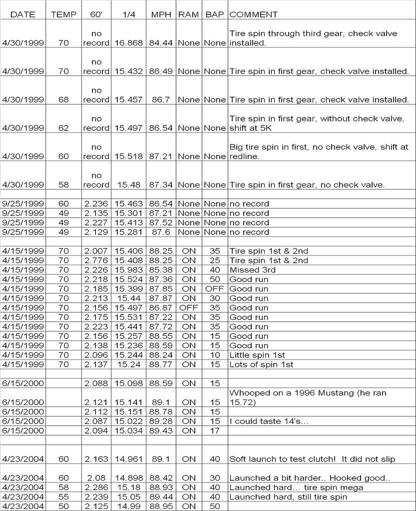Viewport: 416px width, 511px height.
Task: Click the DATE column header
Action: click(x=23, y=14)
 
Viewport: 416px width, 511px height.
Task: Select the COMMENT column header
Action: click(x=254, y=14)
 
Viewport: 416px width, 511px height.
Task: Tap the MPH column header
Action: click(x=162, y=14)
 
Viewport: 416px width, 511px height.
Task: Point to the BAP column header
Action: click(x=215, y=14)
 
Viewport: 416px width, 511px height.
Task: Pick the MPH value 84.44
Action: click(x=162, y=43)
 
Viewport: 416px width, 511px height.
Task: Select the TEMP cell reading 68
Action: click(x=63, y=100)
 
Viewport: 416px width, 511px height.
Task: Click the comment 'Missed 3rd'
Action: click(x=252, y=270)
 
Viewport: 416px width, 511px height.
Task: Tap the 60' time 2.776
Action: click(x=96, y=260)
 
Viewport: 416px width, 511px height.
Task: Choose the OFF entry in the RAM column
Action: click(x=189, y=308)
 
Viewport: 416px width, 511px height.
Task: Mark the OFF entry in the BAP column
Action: click(x=215, y=289)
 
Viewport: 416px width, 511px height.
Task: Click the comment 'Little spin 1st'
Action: click(x=257, y=355)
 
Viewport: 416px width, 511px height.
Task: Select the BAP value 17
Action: click(x=215, y=431)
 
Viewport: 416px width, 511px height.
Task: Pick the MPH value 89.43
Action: click(x=162, y=431)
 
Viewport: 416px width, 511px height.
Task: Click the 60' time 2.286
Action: click(x=96, y=487)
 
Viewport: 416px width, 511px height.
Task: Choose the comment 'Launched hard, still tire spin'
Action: click(x=288, y=497)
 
